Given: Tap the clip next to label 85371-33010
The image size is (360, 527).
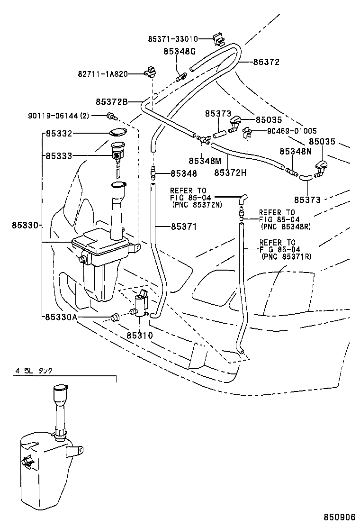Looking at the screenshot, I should click(x=217, y=38).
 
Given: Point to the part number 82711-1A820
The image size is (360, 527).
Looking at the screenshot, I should click(x=103, y=74).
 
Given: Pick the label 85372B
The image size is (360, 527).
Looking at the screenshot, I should click(x=112, y=101).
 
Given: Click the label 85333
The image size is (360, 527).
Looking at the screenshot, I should click(x=59, y=155).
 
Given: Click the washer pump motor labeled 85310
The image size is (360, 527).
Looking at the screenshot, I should click(x=142, y=304).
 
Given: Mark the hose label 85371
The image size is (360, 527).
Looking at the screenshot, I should click(x=183, y=227).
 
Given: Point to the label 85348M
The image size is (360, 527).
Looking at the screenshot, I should click(x=205, y=161).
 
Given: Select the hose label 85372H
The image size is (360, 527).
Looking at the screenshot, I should click(x=230, y=173).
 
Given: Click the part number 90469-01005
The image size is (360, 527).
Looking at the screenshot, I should click(x=286, y=131).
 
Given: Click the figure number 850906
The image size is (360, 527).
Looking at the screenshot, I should click(x=340, y=517).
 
